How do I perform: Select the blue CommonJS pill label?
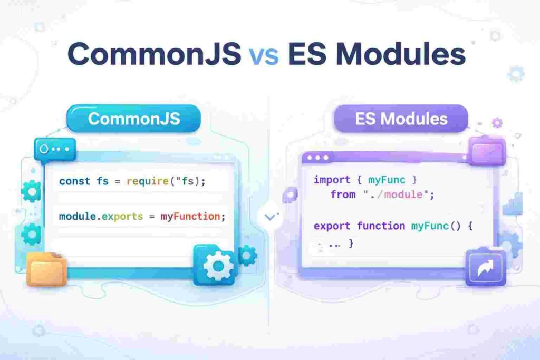134,118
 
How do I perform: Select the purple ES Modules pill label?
401,118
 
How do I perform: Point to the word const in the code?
74,181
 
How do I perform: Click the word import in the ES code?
332,180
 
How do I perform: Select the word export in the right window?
332,226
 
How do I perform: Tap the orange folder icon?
46,268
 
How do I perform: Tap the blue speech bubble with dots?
54,149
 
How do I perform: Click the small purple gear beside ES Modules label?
497,123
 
